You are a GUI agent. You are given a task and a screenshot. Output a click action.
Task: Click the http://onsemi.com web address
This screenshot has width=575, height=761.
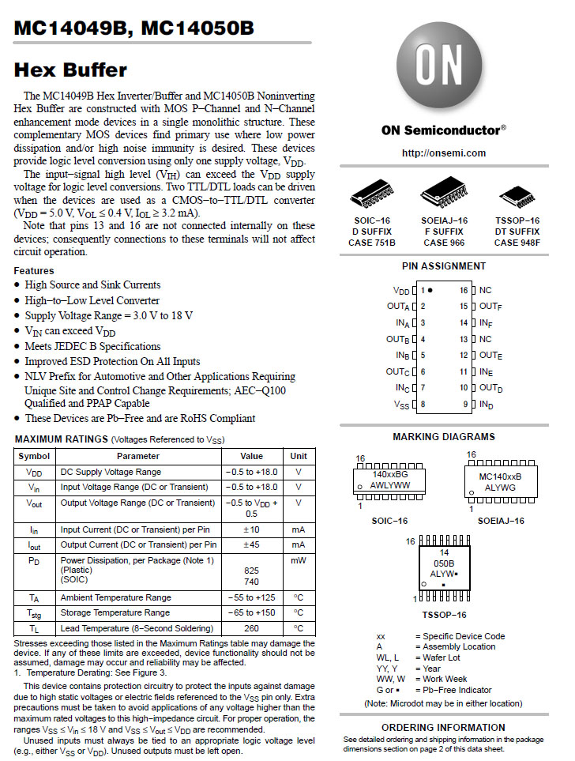coord(444,153)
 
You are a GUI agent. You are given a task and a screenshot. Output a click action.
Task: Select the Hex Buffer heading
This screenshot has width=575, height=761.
coord(70,70)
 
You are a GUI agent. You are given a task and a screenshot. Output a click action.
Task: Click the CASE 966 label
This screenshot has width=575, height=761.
coord(444,243)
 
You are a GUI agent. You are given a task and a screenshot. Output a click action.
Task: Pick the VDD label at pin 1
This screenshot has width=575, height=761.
coord(401,291)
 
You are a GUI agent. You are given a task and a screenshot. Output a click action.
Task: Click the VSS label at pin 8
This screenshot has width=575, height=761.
coord(401,404)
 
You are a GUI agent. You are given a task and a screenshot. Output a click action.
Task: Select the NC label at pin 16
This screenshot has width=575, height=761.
coord(485,291)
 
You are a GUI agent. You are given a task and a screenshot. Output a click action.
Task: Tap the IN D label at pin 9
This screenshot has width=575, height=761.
coord(486,405)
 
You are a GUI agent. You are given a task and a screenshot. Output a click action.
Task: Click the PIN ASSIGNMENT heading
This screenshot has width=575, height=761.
coord(444,266)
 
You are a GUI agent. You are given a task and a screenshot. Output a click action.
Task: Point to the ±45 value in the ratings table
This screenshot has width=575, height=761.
coord(252,544)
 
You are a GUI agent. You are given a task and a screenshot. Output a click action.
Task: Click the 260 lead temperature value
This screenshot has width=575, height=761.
coord(252,628)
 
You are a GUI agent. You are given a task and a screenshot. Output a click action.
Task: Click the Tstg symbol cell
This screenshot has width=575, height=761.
coord(35,613)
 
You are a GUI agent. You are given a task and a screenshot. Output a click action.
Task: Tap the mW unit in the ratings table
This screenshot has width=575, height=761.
coord(298,560)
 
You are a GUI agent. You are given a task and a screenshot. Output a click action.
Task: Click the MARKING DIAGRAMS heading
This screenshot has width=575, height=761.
coord(444,436)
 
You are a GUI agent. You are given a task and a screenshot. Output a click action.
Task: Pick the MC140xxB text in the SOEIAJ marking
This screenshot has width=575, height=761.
coord(500,477)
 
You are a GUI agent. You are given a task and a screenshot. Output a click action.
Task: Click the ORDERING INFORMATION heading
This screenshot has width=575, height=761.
coord(444,727)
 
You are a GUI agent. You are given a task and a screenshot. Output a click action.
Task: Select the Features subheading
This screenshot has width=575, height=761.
coord(34,270)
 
